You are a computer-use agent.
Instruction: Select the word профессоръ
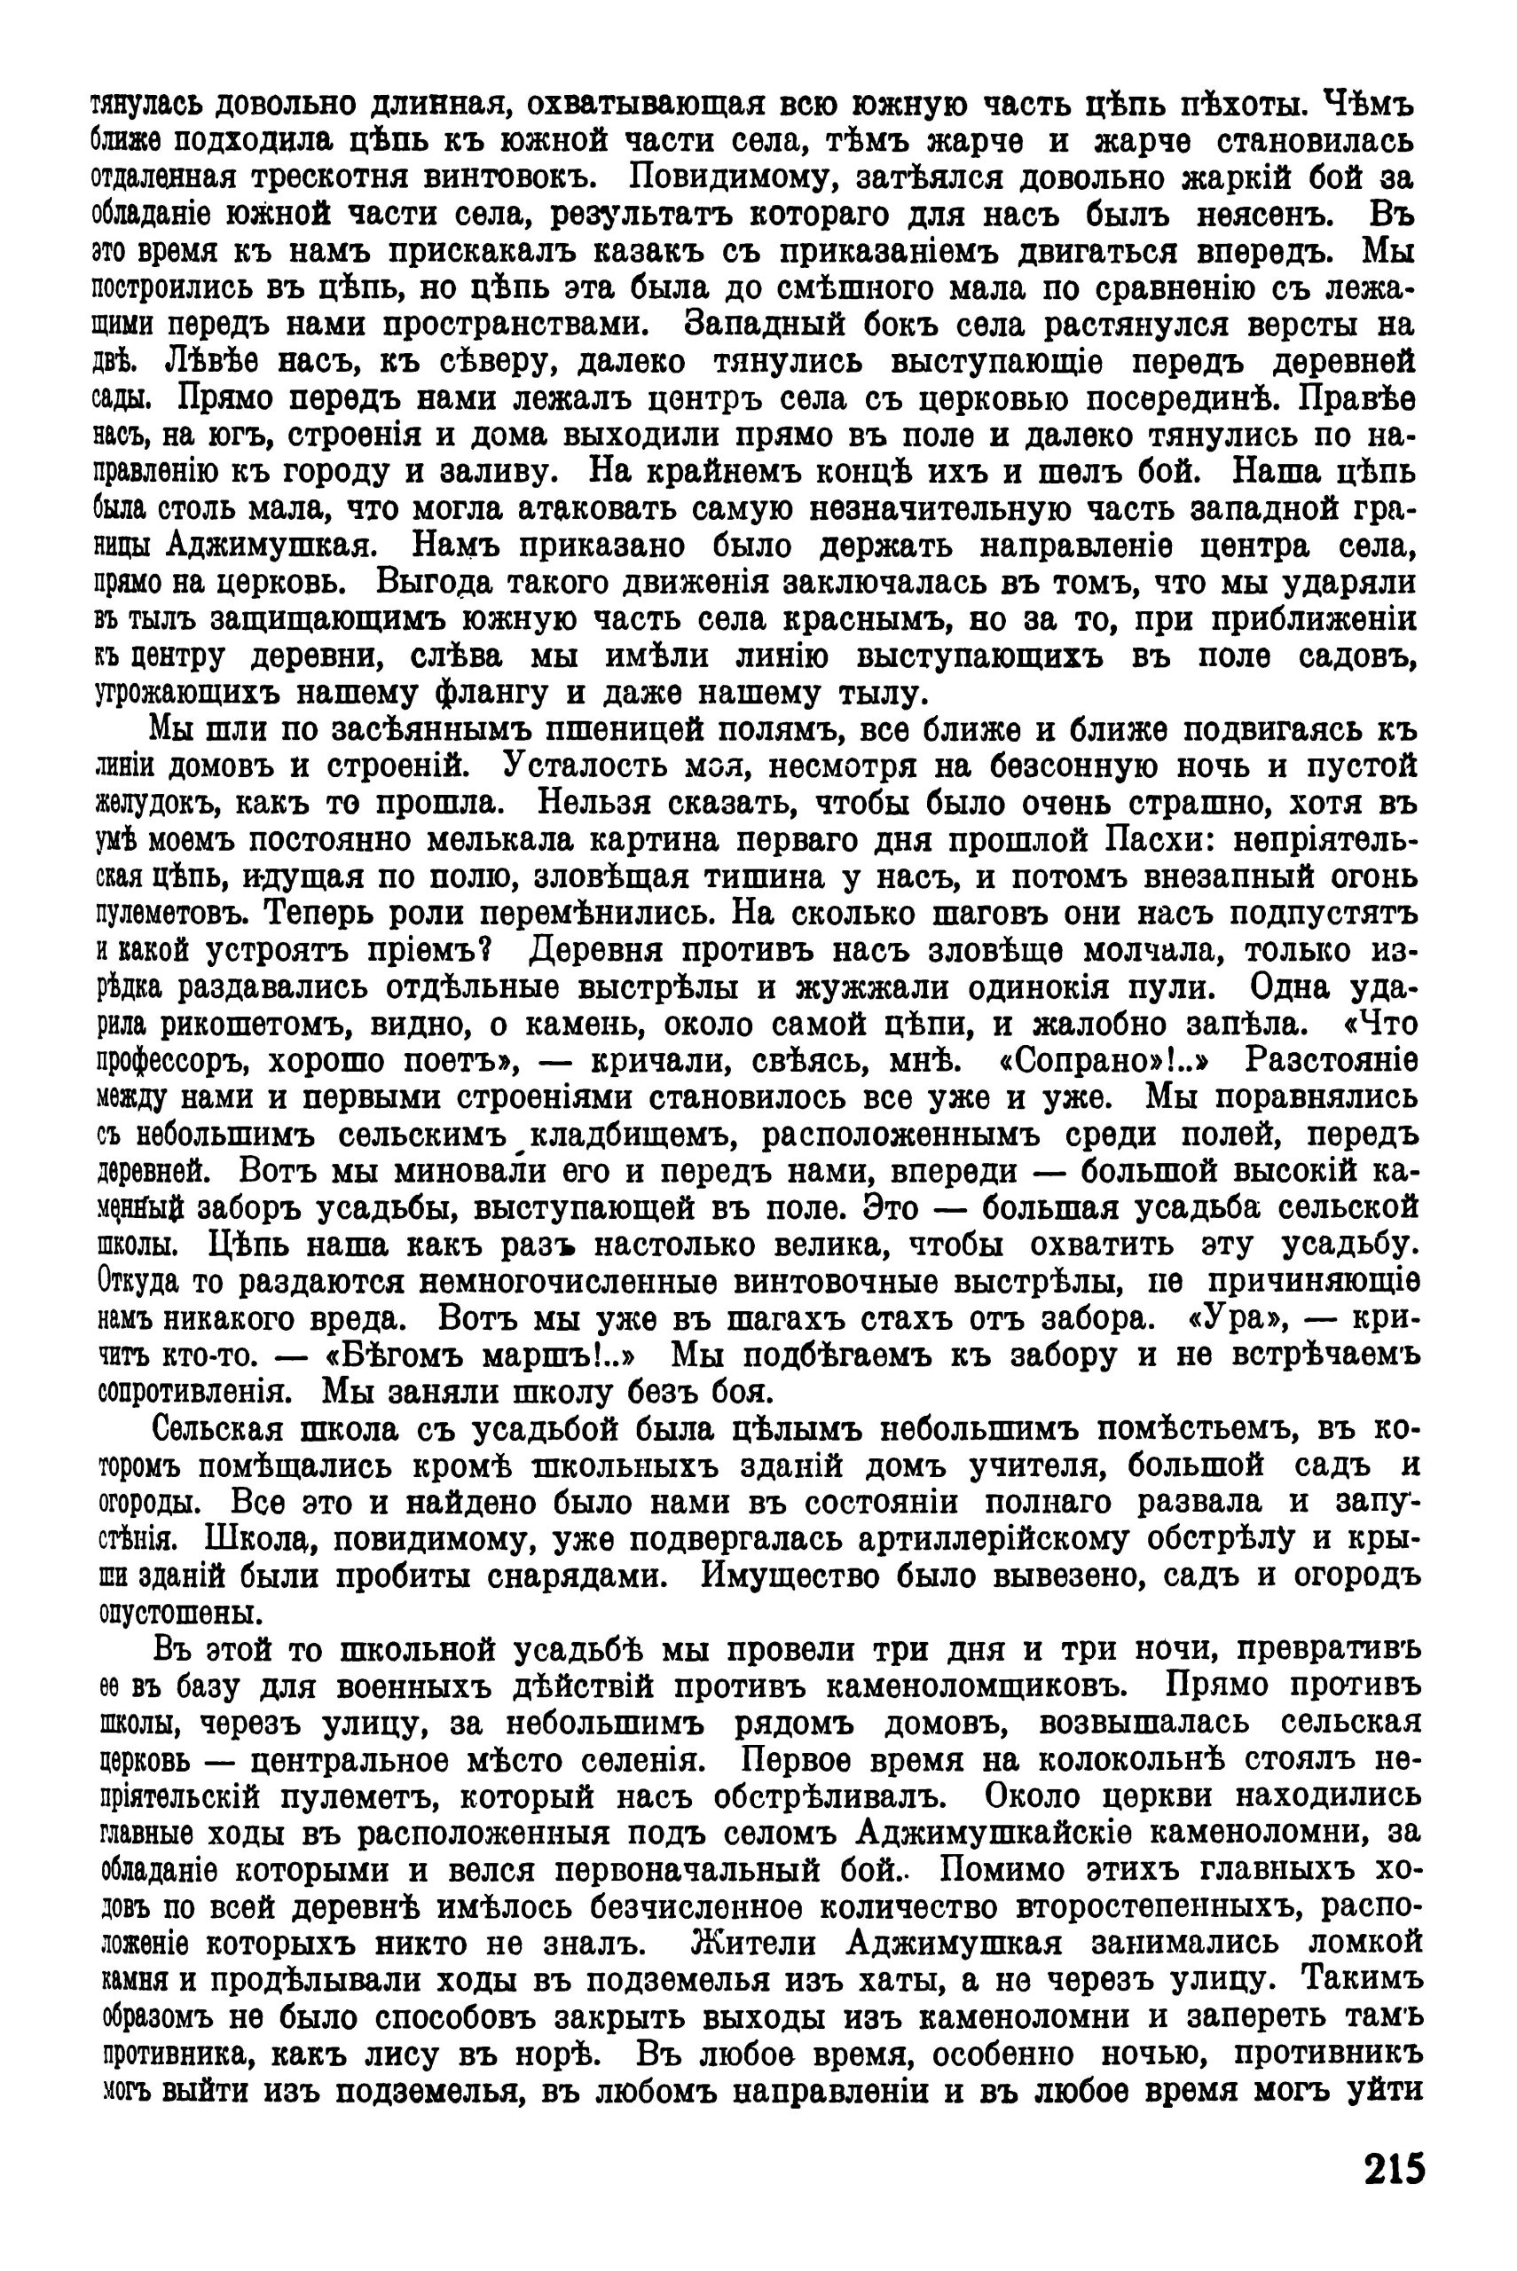pos(168,1062)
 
